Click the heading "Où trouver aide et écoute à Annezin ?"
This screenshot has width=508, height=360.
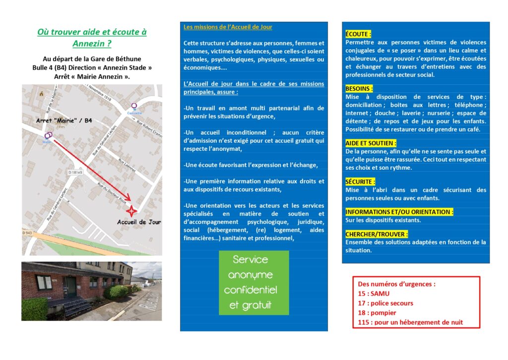92,38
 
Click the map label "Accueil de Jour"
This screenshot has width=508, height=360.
139,222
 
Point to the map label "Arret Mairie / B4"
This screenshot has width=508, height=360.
64,121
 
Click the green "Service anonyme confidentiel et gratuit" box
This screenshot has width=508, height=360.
254,283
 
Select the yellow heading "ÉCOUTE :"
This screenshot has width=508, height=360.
358,34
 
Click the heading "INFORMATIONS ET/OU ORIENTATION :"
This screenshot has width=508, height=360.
399,212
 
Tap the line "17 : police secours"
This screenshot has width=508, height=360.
385,303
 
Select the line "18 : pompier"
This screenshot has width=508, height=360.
377,313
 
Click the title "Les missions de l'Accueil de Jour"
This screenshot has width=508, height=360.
228,27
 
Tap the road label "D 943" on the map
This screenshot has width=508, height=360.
27,232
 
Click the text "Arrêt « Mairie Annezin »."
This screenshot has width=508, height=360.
92,76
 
